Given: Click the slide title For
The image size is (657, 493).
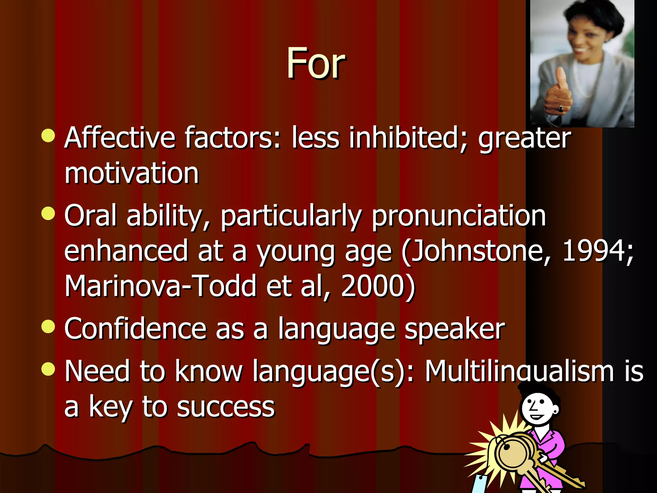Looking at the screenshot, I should coord(316,63).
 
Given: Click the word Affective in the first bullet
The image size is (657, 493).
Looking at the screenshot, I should coord(120,138).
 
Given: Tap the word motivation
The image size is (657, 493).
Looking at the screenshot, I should coord(132,173).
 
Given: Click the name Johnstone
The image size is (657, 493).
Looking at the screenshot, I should coord(478,251).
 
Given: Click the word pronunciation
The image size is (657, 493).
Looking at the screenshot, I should coord(459,216).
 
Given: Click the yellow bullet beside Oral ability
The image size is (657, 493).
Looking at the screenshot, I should coord(48,213).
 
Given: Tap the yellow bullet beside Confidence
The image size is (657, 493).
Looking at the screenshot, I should coord(48,327).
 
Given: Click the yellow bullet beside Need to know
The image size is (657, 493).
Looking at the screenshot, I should coord(48,369).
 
